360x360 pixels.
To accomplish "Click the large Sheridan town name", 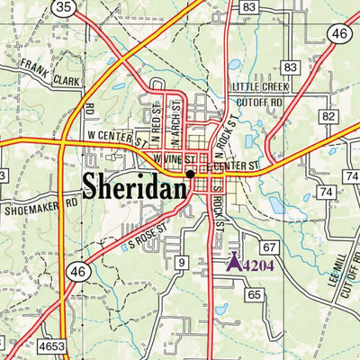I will coord(135,186).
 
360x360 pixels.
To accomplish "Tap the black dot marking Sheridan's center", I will coord(191,174).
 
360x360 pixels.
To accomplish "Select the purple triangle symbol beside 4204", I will coord(232,263).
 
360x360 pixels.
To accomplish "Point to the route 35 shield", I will coord(62,7).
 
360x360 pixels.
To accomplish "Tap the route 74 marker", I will coord(325,193).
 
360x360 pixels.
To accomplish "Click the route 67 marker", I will coord(268,247).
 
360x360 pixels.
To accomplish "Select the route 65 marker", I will coord(254,294).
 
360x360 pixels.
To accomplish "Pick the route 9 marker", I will coord(181,263).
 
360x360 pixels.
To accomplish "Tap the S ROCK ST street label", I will coord(219,212).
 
